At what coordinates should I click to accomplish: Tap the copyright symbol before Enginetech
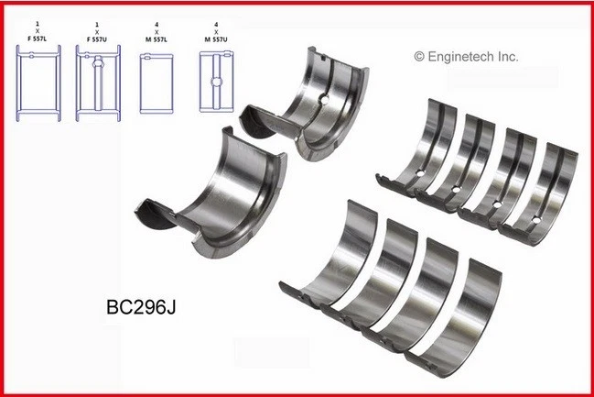(x=420, y=57)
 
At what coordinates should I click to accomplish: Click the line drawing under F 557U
(x=96, y=83)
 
